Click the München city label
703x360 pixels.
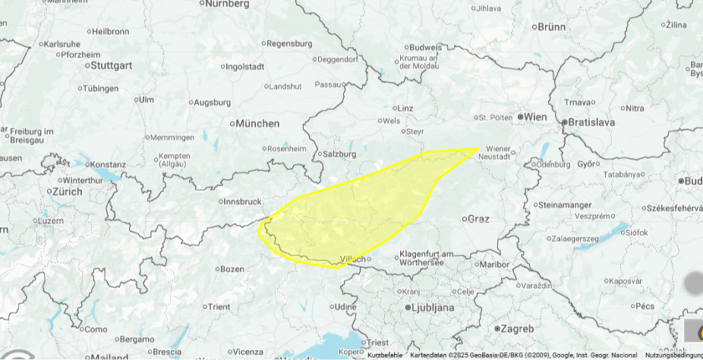tap(257, 123)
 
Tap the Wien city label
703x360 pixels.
tap(536, 117)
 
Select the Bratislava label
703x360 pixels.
tap(591, 122)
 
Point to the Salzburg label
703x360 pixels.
tap(339, 154)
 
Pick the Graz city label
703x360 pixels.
tap(478, 219)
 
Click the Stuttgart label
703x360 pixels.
tap(111, 64)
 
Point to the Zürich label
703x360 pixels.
tap(68, 192)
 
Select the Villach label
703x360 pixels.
tap(352, 259)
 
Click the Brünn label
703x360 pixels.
tap(552, 27)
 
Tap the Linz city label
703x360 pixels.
tap(405, 108)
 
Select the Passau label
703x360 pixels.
tap(330, 85)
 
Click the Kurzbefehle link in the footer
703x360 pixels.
tap(386, 355)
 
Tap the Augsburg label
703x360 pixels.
tap(212, 103)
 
